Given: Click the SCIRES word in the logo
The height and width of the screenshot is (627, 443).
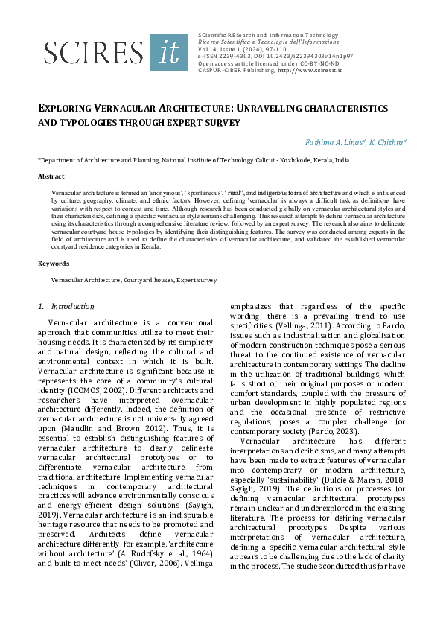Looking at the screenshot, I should coord(94,52).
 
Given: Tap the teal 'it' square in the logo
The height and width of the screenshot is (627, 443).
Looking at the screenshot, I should coord(169,52).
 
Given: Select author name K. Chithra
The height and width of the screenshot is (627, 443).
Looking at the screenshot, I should coord(388,141).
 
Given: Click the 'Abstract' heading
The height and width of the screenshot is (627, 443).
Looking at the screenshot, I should coord(51,176).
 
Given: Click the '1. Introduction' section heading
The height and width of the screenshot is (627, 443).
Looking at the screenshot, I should coord(66,306).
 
